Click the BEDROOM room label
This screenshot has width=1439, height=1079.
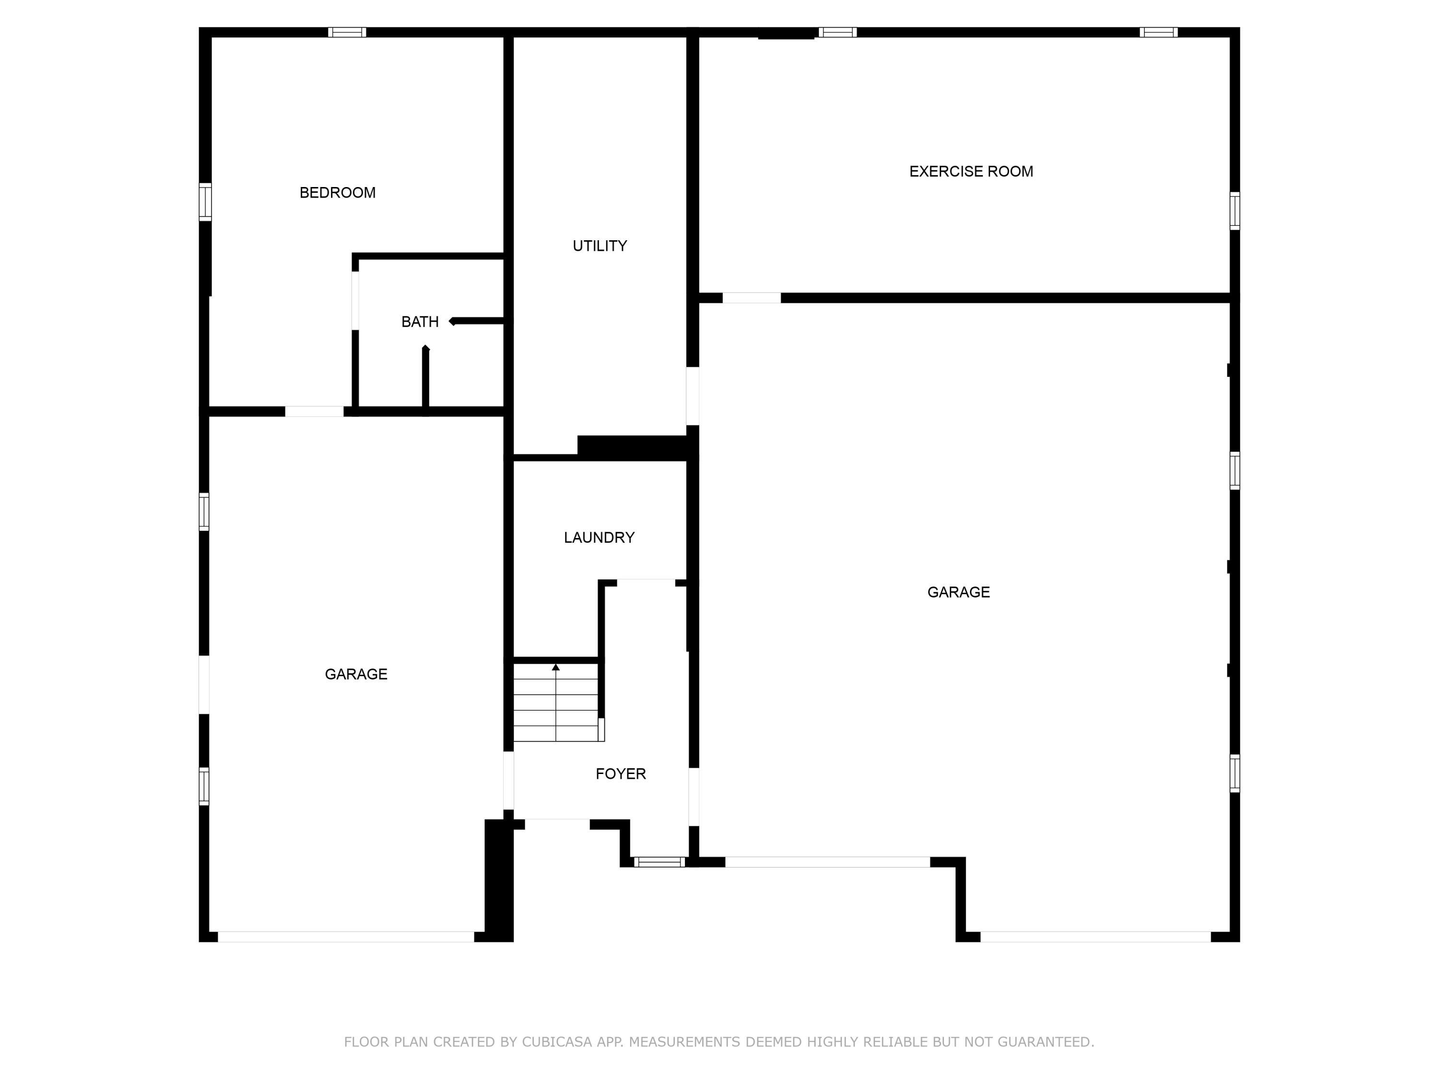337,192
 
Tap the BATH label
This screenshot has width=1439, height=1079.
420,321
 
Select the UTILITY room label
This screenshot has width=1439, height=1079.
599,246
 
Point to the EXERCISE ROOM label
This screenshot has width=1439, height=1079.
971,171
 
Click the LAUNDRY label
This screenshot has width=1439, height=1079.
599,537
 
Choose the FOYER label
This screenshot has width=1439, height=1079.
621,774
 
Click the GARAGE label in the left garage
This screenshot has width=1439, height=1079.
356,674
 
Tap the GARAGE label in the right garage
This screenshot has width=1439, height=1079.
958,592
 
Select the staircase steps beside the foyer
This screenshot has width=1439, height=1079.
555,703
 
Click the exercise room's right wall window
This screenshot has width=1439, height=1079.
1234,211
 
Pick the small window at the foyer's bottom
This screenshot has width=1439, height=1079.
659,862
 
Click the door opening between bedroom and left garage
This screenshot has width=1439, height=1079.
314,411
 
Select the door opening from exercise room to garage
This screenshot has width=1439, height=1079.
751,298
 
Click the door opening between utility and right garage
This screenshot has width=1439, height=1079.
692,396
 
